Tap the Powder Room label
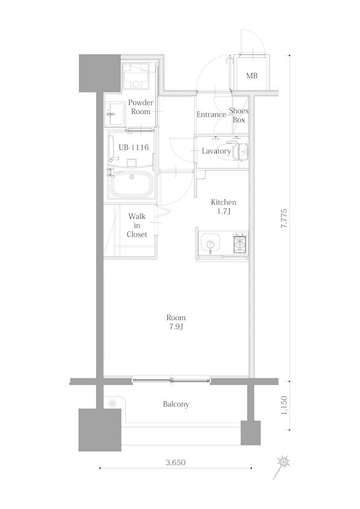coord(141,107)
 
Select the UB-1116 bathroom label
coord(134,148)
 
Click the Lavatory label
coord(216,151)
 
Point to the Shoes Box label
coord(239,115)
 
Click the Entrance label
coord(211,115)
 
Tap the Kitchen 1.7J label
coord(224,207)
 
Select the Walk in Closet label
coord(137,225)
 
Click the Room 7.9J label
coord(176,322)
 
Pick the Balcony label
coord(176,404)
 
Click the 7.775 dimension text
coord(287,220)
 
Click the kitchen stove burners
coord(239,243)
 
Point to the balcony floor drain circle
coord(113,402)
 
